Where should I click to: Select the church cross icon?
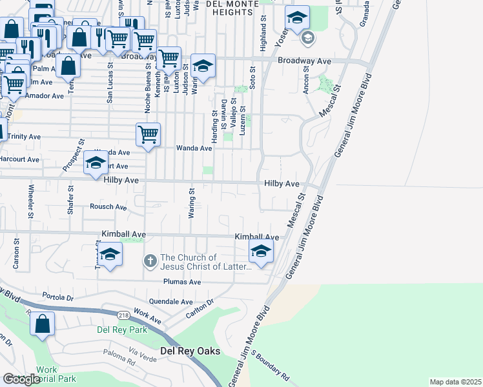[150, 261]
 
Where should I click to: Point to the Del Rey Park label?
[122, 330]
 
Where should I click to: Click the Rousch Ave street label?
[108, 207]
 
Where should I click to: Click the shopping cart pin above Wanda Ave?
[148, 135]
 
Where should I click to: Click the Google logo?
[21, 379]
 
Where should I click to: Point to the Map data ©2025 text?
[455, 382]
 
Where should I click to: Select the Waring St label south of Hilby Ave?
[192, 203]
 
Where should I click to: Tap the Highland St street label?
[263, 35]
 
